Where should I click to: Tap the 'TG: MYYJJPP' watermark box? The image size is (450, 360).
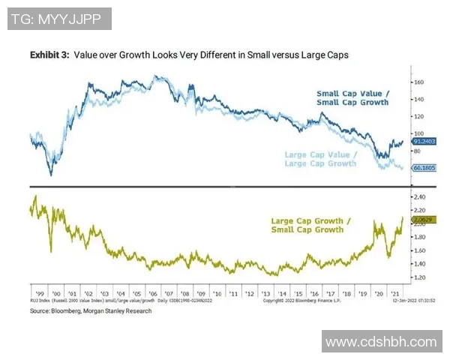point(61,18)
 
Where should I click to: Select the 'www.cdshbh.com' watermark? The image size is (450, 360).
point(380,341)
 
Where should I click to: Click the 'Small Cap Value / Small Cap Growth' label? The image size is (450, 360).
point(352,98)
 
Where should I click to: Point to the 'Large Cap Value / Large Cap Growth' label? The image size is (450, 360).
point(321,159)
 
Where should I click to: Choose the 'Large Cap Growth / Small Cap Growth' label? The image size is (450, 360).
point(308,226)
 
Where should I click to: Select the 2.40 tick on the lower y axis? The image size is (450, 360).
point(420,197)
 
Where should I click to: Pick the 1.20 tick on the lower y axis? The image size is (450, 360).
point(420,277)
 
